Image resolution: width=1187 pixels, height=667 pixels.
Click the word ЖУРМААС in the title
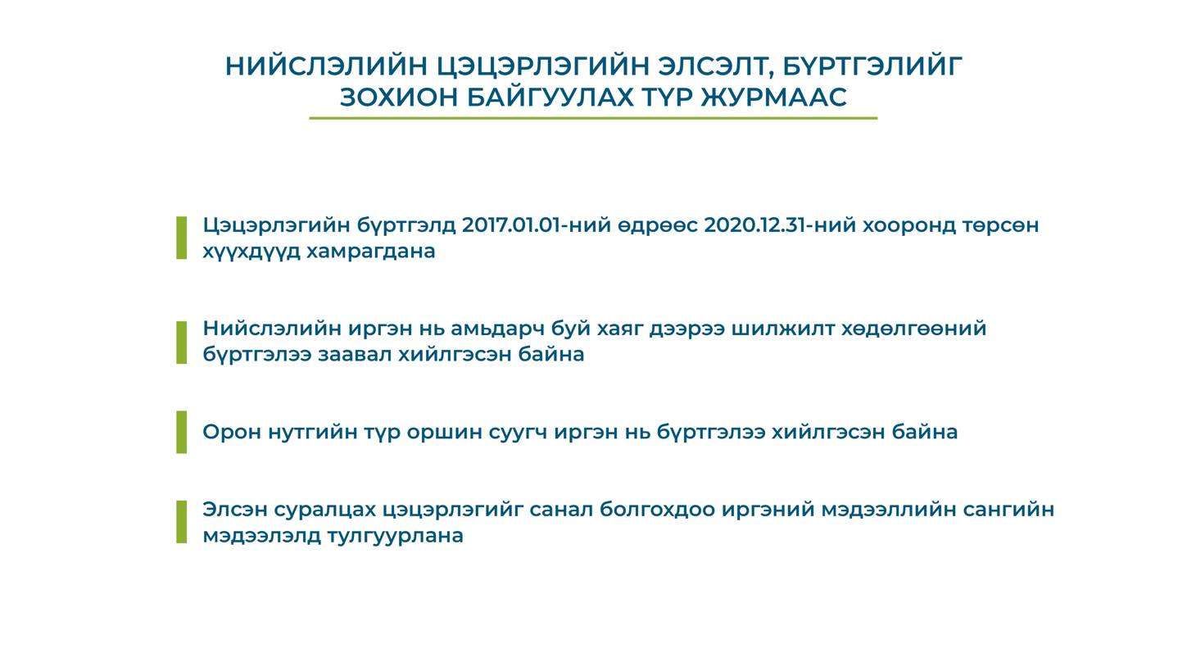[x=774, y=98]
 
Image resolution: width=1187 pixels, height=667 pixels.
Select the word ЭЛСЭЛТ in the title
[x=715, y=67]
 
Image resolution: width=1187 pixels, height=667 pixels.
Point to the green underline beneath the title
[x=593, y=118]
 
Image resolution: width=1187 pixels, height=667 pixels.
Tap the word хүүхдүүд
[x=251, y=252]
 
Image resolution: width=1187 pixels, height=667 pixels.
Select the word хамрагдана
[x=371, y=252]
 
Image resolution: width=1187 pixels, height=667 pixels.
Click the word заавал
[x=355, y=354]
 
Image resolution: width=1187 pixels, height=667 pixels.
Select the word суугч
[x=518, y=433]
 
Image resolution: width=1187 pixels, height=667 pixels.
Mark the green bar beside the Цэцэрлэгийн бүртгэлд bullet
[x=181, y=238]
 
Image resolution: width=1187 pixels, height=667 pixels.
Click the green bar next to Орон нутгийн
[x=181, y=432]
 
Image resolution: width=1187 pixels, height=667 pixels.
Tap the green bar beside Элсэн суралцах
[x=181, y=522]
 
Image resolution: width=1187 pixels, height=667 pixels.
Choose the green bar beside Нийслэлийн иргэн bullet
[x=181, y=343]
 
